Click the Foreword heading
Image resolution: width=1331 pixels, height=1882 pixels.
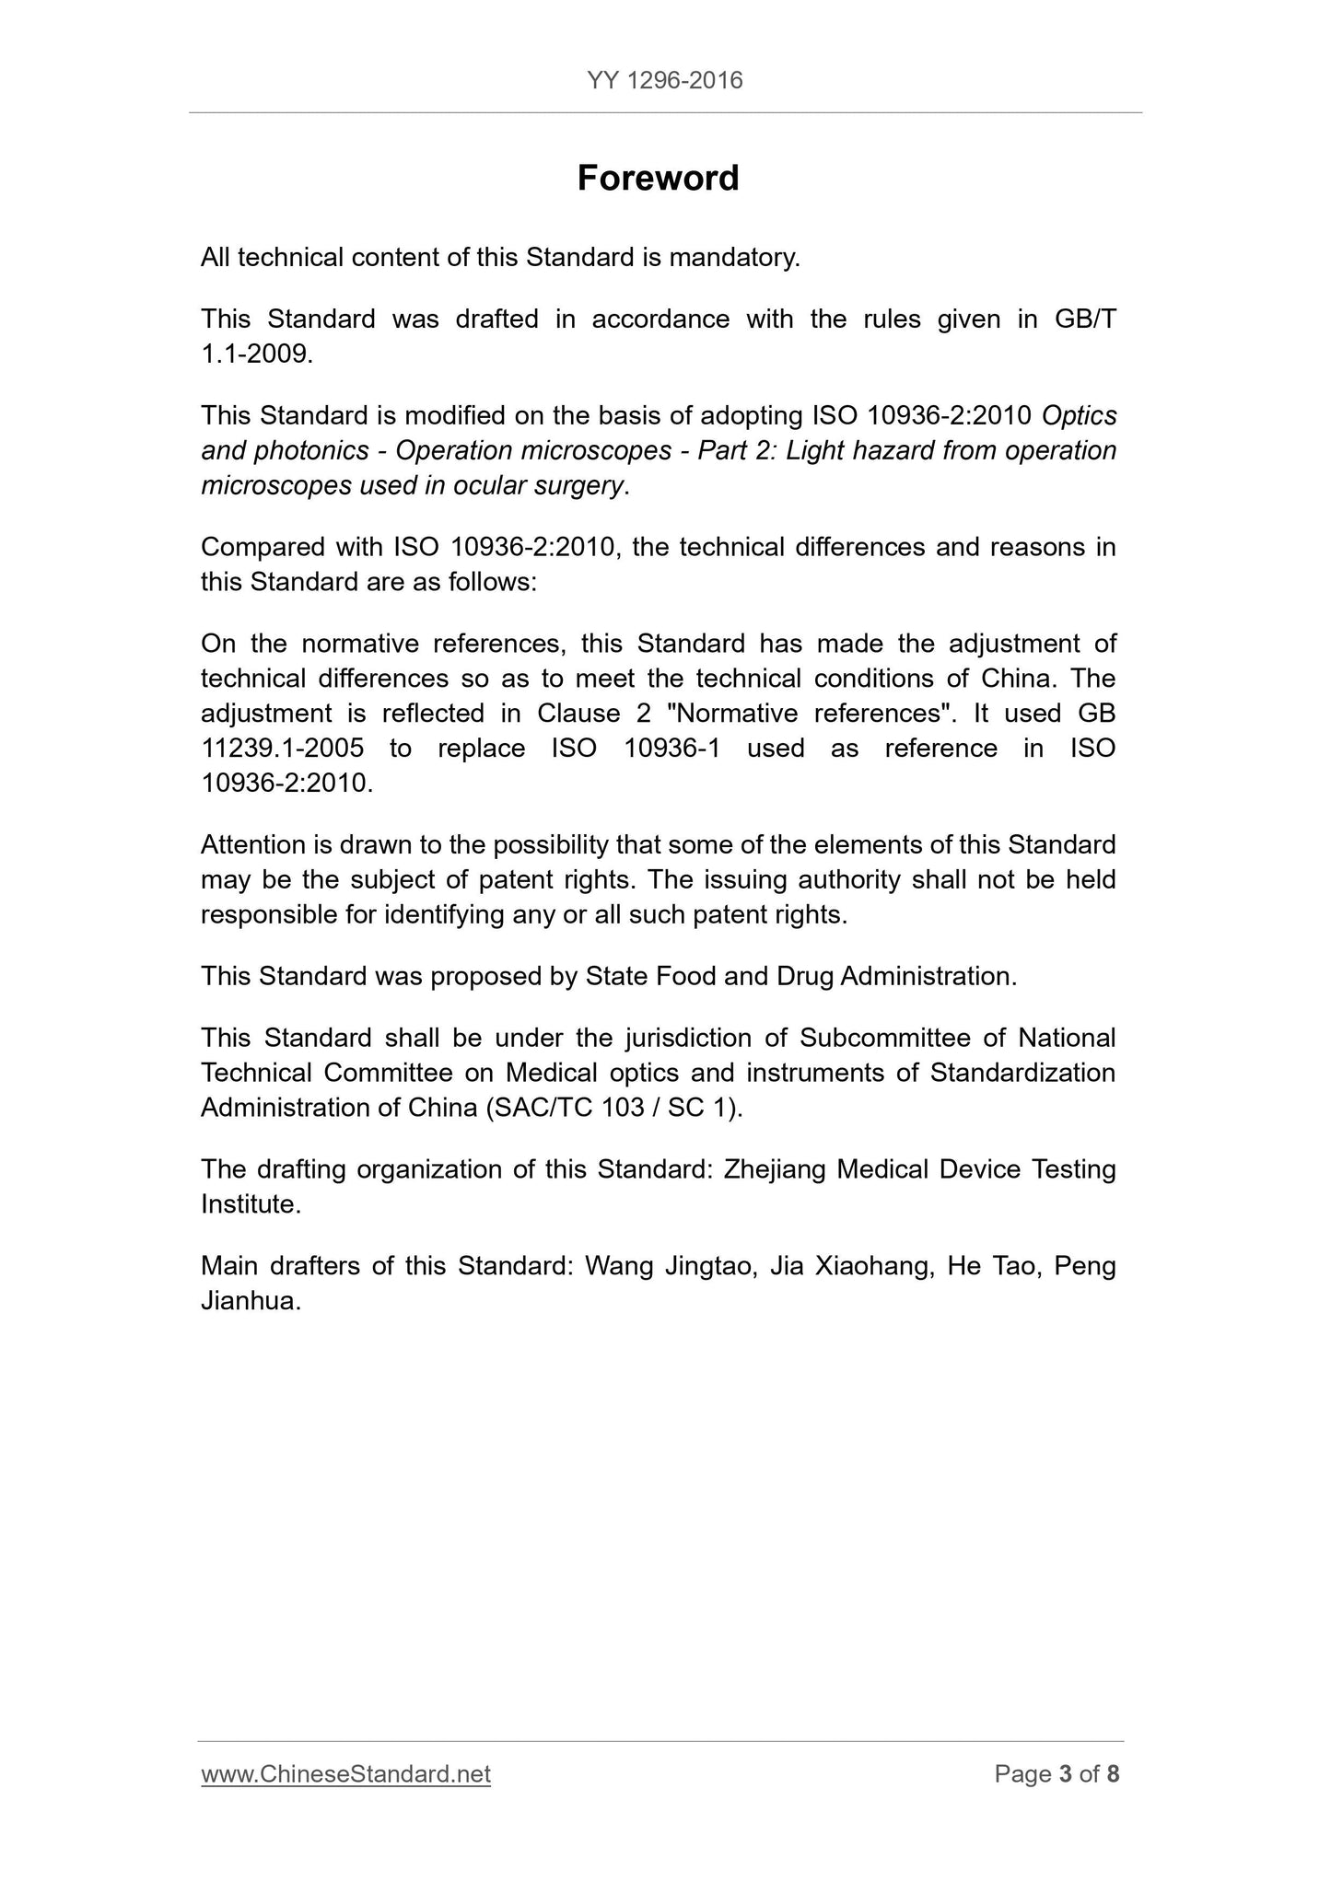pos(658,178)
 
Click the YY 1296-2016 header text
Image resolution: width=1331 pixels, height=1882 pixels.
pos(664,81)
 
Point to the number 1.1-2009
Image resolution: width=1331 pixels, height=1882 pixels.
pos(255,354)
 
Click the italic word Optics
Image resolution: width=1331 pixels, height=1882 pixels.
pos(1079,415)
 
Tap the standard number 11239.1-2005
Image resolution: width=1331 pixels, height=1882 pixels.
pos(282,748)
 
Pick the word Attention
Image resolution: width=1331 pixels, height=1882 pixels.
pos(254,844)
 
